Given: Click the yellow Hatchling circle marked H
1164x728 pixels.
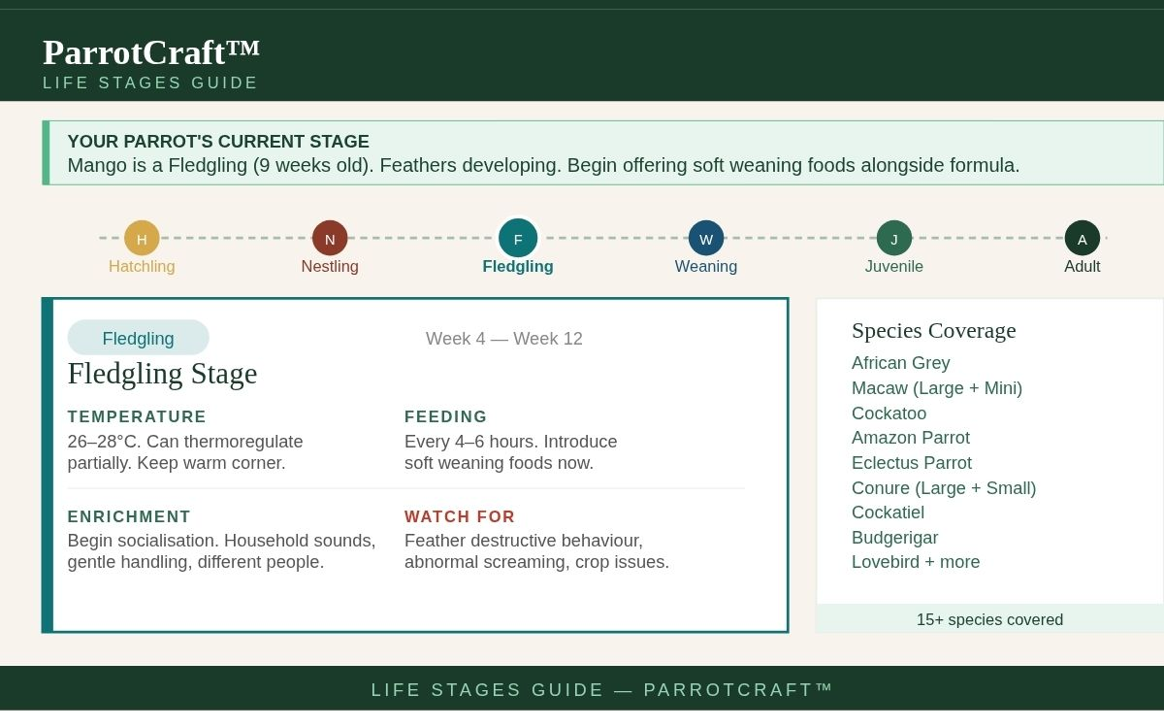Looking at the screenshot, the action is pyautogui.click(x=142, y=238).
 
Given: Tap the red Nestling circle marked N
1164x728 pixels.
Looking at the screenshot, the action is pyautogui.click(x=330, y=238).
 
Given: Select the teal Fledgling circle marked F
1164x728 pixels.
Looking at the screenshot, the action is pyautogui.click(x=518, y=238).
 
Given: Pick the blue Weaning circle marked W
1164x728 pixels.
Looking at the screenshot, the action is pyautogui.click(x=706, y=238).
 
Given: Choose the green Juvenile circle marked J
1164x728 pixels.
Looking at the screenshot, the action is pyautogui.click(x=893, y=238).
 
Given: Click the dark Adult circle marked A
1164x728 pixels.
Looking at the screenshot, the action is pyautogui.click(x=1082, y=238).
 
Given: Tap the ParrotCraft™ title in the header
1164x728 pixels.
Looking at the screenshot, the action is pyautogui.click(x=150, y=52).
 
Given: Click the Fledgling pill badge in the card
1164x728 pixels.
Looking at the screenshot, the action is pyautogui.click(x=138, y=338).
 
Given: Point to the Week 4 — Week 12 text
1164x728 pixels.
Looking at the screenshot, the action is pyautogui.click(x=504, y=339).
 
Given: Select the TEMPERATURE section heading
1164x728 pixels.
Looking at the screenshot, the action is pyautogui.click(x=137, y=416).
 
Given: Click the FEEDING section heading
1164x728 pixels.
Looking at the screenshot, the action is pyautogui.click(x=445, y=416).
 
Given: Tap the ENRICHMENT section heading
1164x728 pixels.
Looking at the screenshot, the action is pyautogui.click(x=129, y=516).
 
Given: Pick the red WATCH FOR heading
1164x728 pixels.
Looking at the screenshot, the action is pyautogui.click(x=460, y=516).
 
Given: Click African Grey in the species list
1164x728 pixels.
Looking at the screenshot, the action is pyautogui.click(x=900, y=362).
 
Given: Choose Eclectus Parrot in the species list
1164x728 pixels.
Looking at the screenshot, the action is pyautogui.click(x=912, y=462).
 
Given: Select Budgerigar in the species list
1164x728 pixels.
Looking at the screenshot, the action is pyautogui.click(x=894, y=537).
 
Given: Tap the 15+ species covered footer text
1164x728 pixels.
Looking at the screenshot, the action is pyautogui.click(x=989, y=619).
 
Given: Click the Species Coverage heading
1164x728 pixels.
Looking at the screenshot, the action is pyautogui.click(x=934, y=330).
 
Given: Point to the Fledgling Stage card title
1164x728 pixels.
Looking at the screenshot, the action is pyautogui.click(x=162, y=374).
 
